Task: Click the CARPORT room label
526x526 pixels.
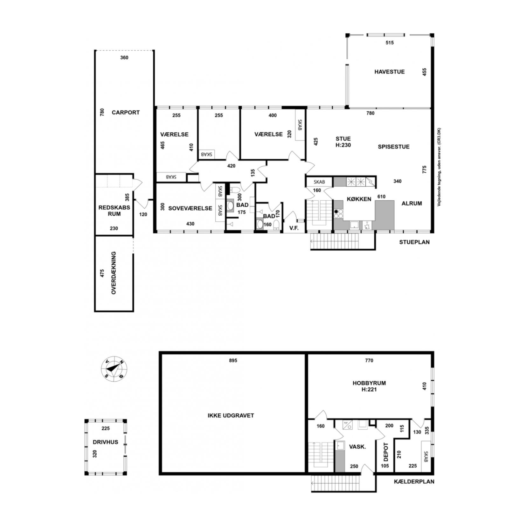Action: coord(126,112)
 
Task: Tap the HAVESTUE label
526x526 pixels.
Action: coord(389,72)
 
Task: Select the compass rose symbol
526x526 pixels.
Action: coord(114,368)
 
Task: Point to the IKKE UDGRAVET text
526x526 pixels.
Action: coord(231,415)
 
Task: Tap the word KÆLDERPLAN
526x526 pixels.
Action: coord(414,481)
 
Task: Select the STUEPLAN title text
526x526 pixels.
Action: coord(414,242)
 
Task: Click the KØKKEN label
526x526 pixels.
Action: coord(359,199)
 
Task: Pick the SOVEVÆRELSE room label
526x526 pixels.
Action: coord(190,208)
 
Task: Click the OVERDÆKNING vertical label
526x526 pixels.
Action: coord(114,273)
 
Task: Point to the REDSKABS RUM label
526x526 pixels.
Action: coord(114,211)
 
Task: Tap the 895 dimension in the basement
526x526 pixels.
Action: coord(233,360)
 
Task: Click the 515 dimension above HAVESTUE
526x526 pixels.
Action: coord(390,43)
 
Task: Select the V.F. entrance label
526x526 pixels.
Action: coord(294,228)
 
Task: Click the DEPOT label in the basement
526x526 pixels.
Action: coord(386,452)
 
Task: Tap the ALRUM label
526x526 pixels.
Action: coord(412,203)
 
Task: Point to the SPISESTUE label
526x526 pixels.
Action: coord(394,147)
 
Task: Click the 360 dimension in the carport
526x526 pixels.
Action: coord(124,58)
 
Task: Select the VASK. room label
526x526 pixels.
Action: coord(357,446)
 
